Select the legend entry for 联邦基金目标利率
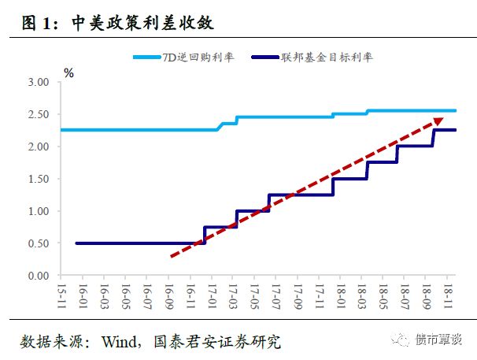click(x=315, y=58)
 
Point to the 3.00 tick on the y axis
click(x=38, y=82)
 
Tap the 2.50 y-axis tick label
click(x=38, y=114)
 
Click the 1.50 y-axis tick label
click(x=38, y=179)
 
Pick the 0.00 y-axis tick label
click(x=38, y=276)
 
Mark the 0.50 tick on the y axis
click(x=38, y=243)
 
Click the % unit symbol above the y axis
click(x=68, y=73)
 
